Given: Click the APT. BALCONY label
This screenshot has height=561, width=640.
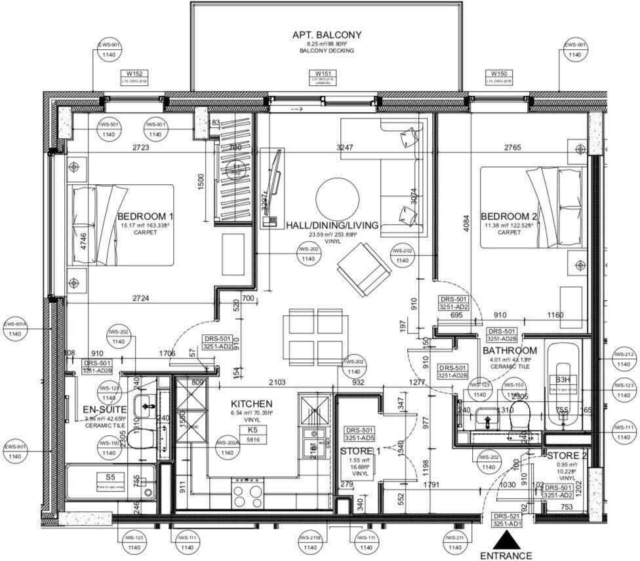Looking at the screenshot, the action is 327,35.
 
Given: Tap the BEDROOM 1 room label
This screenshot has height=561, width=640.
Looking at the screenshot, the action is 145,217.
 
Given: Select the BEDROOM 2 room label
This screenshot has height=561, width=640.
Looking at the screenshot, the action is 508,217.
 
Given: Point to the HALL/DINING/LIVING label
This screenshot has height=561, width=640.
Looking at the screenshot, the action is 332,225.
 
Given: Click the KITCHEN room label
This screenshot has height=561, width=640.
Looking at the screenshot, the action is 251,404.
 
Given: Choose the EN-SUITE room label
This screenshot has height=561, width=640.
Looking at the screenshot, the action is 104,410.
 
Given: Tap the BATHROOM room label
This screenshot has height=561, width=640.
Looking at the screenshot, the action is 510,351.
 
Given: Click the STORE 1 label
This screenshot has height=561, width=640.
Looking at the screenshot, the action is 360,452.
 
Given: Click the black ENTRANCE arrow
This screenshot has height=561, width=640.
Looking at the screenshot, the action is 506,541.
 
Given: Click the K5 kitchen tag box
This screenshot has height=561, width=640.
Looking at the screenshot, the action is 252,430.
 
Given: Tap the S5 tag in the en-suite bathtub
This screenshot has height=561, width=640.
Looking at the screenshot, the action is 110,478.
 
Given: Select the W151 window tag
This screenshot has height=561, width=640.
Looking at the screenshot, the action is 323,73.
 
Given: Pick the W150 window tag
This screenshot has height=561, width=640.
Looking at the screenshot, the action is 499,73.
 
